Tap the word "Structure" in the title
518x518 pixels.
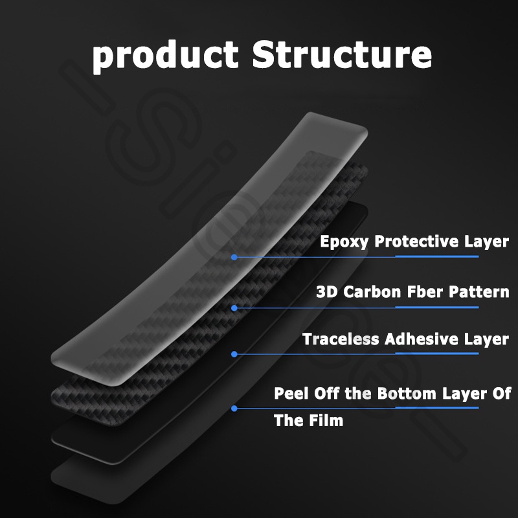tap(342, 54)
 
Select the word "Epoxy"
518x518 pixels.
tap(345, 242)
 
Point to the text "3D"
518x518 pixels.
tap(327, 291)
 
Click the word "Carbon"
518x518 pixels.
tap(373, 291)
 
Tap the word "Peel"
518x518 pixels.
tap(290, 393)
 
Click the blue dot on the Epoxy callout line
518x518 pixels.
tap(234, 257)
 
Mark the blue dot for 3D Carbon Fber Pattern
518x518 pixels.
tap(234, 308)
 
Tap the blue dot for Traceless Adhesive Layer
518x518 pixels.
tap(234, 354)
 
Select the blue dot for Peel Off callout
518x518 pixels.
tap(234, 408)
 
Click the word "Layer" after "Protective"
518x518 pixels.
tap(486, 242)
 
